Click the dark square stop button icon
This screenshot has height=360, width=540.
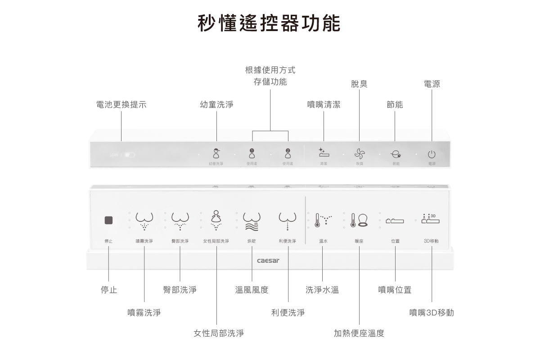tap(108, 220)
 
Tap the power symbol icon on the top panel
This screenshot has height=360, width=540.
tap(432, 154)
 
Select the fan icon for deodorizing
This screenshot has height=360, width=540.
tap(360, 154)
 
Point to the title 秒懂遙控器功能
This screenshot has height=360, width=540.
tap(269, 23)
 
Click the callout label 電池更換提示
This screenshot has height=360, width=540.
tap(121, 104)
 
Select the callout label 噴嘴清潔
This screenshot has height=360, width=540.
tap(324, 104)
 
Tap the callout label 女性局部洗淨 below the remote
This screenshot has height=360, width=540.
tap(219, 333)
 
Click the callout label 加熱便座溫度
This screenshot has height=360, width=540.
tap(359, 333)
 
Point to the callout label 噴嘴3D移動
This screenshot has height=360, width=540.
tap(432, 312)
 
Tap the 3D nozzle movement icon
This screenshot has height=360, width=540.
tap(431, 219)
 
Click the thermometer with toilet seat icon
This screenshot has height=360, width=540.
tap(359, 220)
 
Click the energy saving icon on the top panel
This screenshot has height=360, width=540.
tap(396, 154)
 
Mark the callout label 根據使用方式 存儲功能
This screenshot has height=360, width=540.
tap(270, 76)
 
